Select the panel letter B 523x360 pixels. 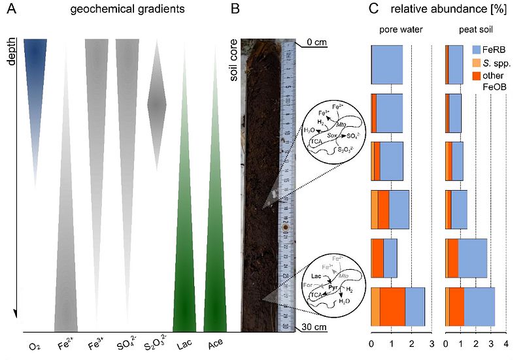tap(235, 10)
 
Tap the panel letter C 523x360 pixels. tap(372, 10)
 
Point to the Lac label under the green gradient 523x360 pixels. tap(185, 343)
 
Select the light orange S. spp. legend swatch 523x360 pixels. tap(477, 63)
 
